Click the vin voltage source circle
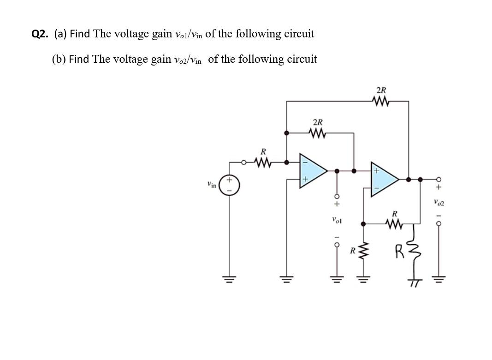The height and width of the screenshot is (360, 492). pyautogui.click(x=229, y=185)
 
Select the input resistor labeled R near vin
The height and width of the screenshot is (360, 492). pyautogui.click(x=263, y=162)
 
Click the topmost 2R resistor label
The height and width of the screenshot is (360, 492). pyautogui.click(x=381, y=90)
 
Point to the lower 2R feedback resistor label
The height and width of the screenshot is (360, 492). pyautogui.click(x=318, y=123)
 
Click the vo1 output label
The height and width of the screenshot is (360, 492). pyautogui.click(x=337, y=221)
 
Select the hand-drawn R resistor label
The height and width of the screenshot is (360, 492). pyautogui.click(x=399, y=252)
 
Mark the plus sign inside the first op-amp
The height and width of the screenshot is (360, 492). pyautogui.click(x=305, y=179)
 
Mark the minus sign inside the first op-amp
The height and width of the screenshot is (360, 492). pyautogui.click(x=304, y=162)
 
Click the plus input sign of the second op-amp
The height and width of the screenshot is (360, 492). pyautogui.click(x=377, y=171)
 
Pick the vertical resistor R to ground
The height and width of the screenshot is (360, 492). pyautogui.click(x=364, y=252)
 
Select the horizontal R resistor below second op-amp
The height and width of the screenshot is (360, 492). pyautogui.click(x=395, y=224)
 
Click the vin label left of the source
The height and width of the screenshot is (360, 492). pyautogui.click(x=212, y=185)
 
